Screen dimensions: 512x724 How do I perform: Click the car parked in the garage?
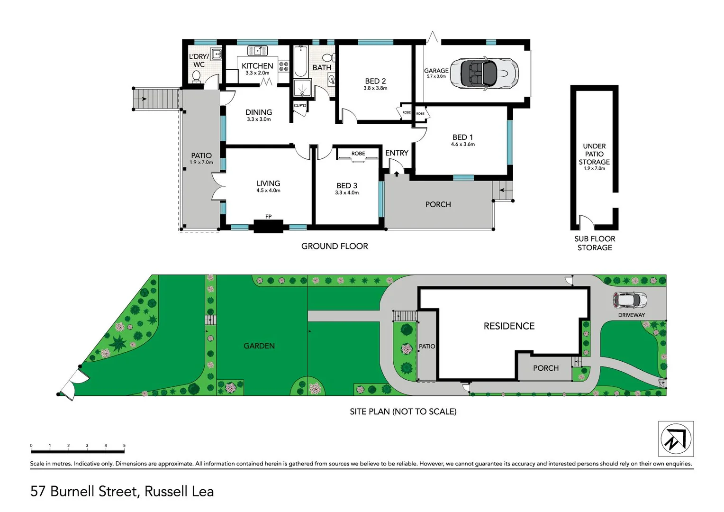pos(484,73)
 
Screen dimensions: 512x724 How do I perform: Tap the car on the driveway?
pos(630,300)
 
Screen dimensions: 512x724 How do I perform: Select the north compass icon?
pos(676,439)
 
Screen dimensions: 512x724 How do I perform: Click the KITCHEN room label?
pos(257,66)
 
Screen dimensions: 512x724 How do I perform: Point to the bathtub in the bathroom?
pos(300,62)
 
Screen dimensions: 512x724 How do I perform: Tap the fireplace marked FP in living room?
pos(268,226)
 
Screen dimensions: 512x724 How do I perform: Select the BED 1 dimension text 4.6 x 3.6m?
pos(462,144)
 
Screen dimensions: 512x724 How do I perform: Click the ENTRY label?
pos(397,153)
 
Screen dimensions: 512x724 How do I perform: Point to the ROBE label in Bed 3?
pos(358,154)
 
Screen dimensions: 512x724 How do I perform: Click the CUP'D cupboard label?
pos(300,106)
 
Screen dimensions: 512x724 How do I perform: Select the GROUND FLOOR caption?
pos(335,246)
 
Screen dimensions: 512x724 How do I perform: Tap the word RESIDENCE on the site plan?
pos(509,326)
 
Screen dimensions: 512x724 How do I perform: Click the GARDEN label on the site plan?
pos(259,346)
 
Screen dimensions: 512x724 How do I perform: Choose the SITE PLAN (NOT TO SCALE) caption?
pos(403,411)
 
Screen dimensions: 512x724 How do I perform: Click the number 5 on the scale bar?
pos(124,446)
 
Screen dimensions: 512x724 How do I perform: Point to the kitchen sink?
pos(257,50)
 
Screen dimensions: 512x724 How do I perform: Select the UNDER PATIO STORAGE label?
pos(594,154)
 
